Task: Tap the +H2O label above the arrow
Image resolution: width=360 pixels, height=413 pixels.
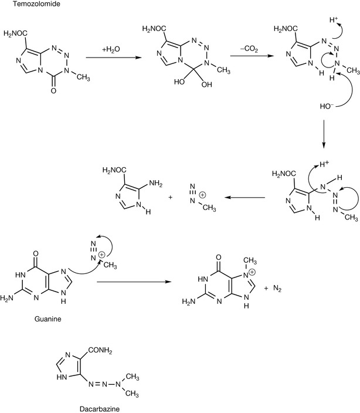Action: coord(112,49)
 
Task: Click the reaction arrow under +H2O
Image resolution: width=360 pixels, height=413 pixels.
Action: coord(111,57)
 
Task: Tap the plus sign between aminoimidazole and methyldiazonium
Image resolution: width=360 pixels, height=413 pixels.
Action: coord(171,198)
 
